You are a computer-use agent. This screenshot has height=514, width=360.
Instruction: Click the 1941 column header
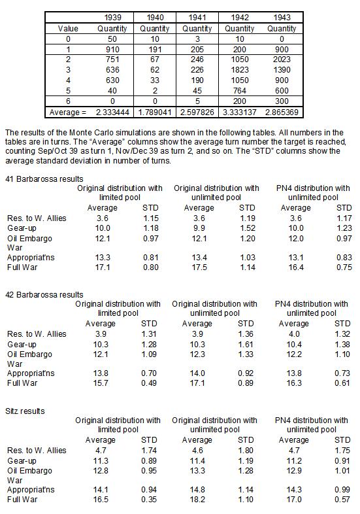click(x=197, y=17)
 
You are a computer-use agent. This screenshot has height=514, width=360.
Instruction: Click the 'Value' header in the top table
click(x=68, y=29)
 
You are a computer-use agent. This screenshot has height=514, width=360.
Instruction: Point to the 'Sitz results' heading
click(x=27, y=411)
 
